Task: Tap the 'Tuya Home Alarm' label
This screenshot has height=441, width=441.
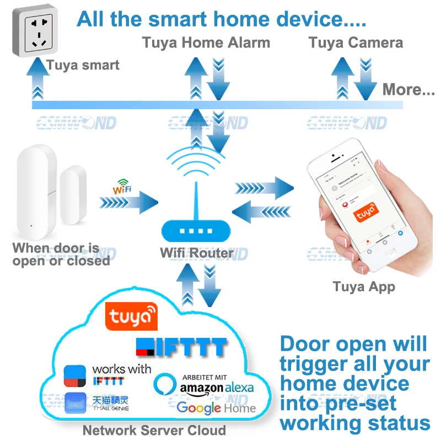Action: [206, 42]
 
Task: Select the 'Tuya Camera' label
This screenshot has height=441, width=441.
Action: [356, 42]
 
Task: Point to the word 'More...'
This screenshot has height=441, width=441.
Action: [408, 89]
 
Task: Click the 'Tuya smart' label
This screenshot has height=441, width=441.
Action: [83, 65]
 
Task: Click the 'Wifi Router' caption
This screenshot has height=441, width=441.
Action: [197, 254]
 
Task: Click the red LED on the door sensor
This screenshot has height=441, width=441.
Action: [31, 225]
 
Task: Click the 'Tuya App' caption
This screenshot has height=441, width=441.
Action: [364, 287]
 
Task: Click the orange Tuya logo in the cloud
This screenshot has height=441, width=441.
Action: [132, 316]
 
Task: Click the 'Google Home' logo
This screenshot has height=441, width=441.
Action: [216, 408]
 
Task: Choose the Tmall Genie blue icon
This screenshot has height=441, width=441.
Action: [76, 404]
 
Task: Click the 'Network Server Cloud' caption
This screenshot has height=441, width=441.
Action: [154, 431]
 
